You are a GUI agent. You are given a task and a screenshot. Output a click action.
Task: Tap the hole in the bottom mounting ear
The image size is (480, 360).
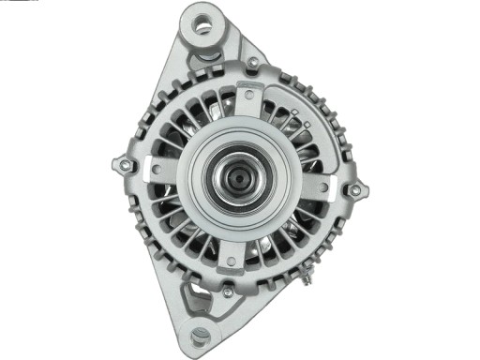tap(200, 335)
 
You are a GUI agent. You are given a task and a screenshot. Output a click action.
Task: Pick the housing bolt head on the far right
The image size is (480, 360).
tap(354, 191)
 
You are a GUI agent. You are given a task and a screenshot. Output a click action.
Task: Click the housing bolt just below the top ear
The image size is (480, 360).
tap(252, 63)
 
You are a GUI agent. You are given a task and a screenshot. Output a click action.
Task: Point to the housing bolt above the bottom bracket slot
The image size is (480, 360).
tap(227, 292)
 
